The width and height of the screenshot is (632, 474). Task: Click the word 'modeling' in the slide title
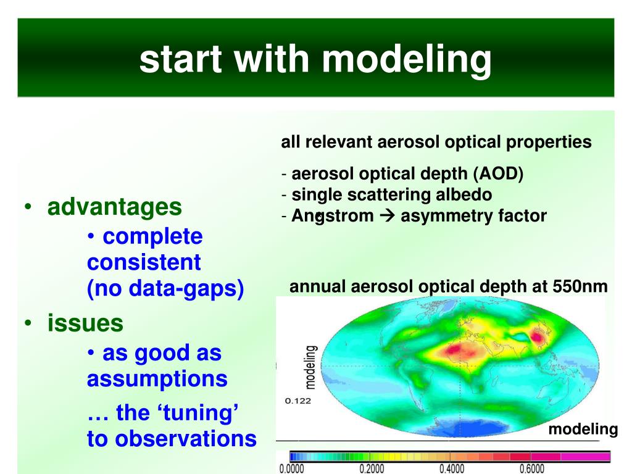point(407,60)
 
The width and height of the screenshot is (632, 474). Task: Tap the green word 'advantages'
point(114,207)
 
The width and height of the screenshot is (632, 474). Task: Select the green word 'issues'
point(85,323)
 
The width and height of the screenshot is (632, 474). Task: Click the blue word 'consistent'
point(144,262)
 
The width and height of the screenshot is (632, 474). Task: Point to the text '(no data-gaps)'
point(165,289)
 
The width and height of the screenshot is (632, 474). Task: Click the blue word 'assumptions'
point(157,380)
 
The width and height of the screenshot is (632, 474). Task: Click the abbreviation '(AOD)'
point(498,173)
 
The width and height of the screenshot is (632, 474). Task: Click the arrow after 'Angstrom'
point(388,215)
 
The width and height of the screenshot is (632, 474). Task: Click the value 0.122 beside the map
point(298,401)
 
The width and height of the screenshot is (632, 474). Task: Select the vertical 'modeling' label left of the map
point(310,367)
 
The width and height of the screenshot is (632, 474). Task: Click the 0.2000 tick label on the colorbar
point(372,469)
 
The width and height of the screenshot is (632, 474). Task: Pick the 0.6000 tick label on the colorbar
point(532,469)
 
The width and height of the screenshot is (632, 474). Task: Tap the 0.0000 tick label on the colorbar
point(292,469)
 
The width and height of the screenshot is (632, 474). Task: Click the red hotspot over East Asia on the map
point(538,336)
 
